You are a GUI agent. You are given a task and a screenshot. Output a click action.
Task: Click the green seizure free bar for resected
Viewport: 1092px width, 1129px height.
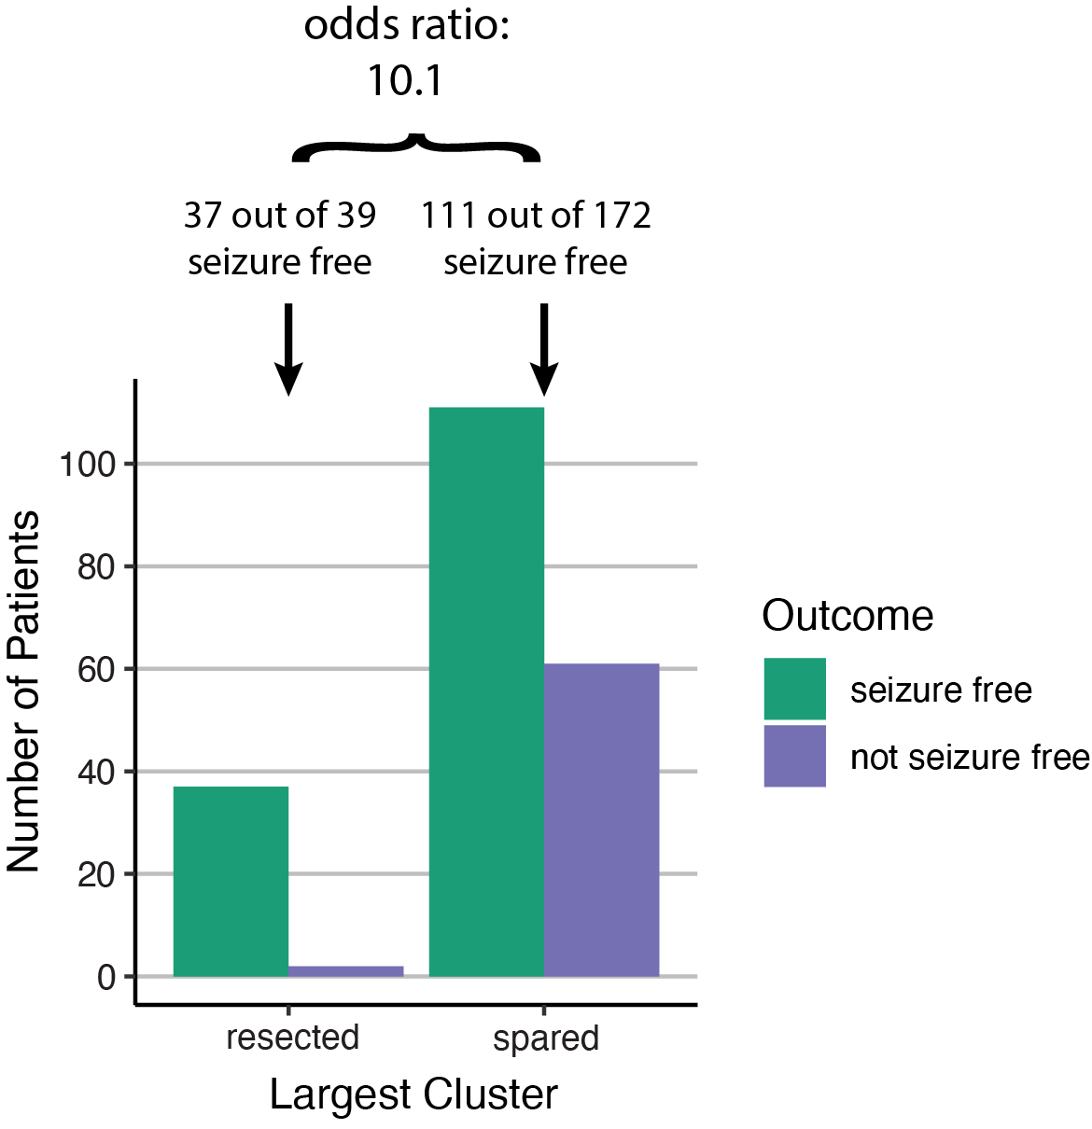point(231,881)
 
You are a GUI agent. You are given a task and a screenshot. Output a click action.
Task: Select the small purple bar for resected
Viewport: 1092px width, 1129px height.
point(345,971)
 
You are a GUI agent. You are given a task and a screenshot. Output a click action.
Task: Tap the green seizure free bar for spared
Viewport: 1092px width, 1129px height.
point(486,691)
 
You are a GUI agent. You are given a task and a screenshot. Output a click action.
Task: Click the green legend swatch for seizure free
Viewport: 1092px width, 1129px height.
point(794,689)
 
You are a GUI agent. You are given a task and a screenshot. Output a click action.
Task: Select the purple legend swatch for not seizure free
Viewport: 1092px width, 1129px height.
point(794,756)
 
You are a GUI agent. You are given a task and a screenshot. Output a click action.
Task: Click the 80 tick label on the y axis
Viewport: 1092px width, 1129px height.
point(96,566)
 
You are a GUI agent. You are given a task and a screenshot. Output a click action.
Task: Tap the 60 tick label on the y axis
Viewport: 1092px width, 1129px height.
point(96,669)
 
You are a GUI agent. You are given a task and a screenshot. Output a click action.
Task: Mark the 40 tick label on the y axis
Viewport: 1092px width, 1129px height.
point(96,772)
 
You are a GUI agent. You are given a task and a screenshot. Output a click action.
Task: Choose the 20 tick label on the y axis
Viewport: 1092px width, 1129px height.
point(96,874)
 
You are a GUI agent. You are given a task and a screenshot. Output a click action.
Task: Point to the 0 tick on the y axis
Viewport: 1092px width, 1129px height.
point(106,977)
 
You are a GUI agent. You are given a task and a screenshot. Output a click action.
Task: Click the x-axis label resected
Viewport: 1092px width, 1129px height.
point(292,1037)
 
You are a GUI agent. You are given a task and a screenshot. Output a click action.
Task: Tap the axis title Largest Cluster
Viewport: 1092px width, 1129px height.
point(413,1094)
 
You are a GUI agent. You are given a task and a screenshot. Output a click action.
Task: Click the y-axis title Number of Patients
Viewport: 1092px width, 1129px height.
point(23,691)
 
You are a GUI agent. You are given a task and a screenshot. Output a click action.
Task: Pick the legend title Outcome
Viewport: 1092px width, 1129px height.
point(847,616)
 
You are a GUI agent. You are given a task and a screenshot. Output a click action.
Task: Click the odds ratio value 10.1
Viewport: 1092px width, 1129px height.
point(405,80)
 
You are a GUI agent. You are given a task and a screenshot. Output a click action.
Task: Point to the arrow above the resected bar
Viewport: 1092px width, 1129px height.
point(288,350)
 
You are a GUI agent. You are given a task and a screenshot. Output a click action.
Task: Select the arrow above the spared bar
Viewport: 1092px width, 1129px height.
point(544,350)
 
